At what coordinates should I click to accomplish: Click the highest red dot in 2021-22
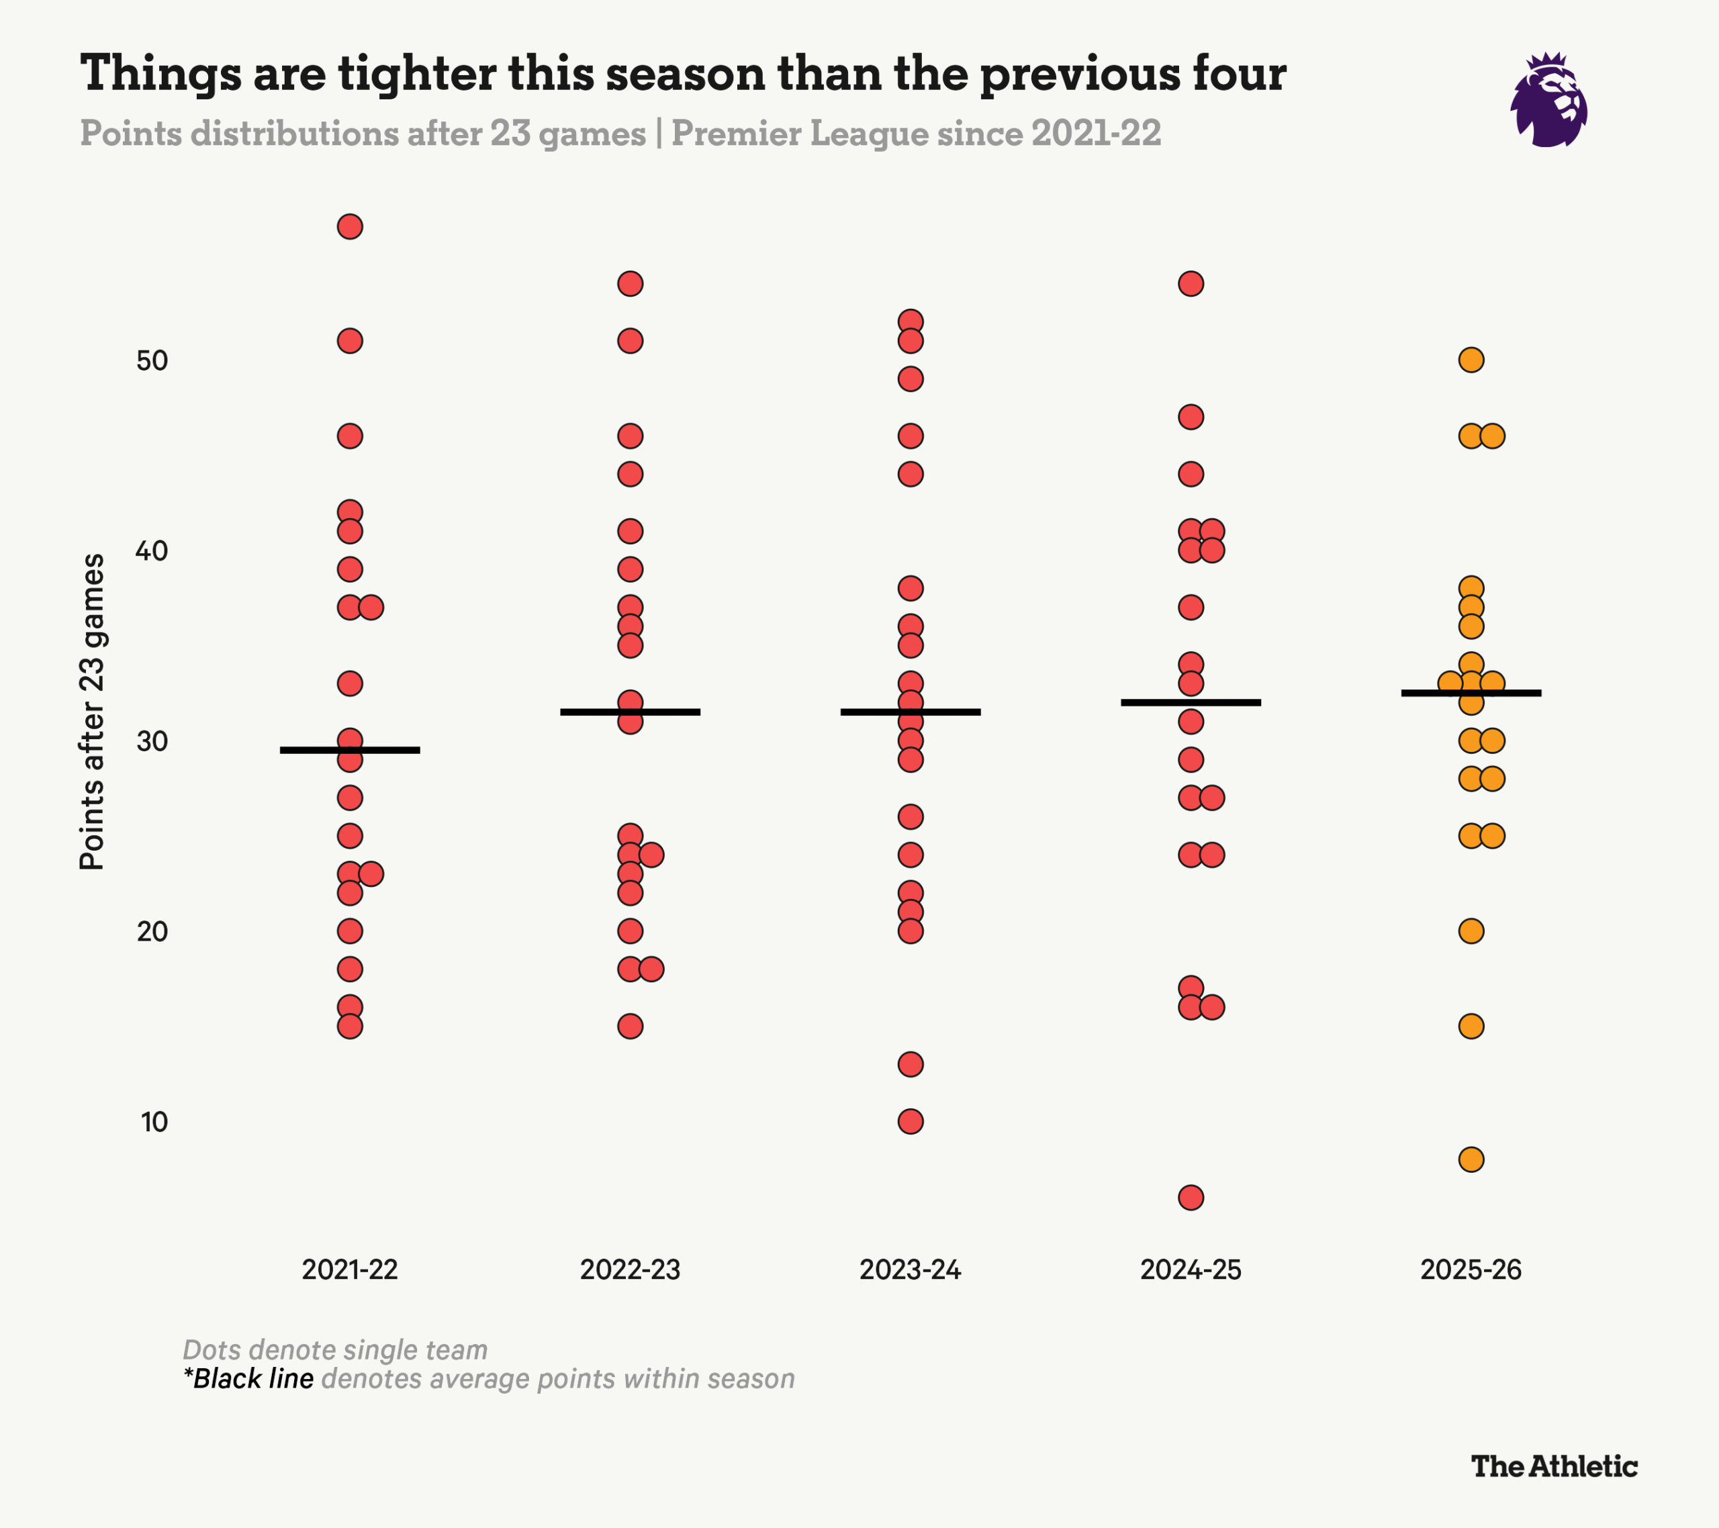coord(350,227)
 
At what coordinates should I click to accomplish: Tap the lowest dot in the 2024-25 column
coord(1191,1198)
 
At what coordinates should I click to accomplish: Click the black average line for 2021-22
coord(350,750)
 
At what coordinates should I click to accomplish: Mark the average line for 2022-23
coord(630,712)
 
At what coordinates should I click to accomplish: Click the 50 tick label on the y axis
coord(152,361)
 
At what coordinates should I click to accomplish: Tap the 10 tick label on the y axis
coord(154,1122)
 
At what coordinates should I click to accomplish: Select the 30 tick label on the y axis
coord(152,742)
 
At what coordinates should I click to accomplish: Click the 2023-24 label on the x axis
coord(910,1270)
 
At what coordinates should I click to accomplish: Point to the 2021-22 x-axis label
coord(350,1270)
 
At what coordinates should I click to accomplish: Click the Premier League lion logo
coord(1548,101)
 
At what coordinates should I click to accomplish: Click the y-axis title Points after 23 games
coord(92,712)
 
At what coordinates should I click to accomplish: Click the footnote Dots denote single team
coord(334,1349)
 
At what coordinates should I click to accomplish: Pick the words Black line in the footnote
coord(253,1379)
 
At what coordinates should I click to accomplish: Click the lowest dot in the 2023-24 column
coord(911,1122)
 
